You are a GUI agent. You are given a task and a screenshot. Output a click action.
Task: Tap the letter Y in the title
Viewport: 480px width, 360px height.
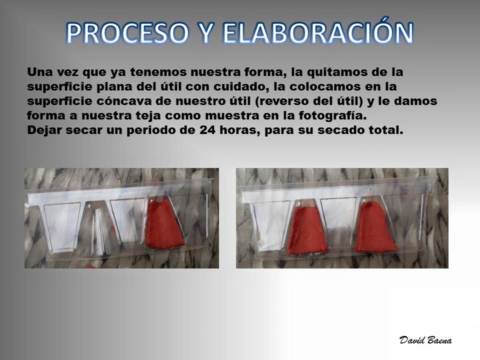tap(206, 32)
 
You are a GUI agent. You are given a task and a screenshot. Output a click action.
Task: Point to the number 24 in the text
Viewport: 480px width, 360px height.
tap(207, 130)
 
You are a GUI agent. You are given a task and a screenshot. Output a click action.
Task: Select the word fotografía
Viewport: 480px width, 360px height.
tap(332, 116)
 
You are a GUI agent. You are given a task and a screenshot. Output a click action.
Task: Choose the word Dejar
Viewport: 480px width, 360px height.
tap(44, 130)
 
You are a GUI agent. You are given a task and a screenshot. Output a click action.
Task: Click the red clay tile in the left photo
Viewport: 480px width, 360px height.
tap(164, 224)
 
